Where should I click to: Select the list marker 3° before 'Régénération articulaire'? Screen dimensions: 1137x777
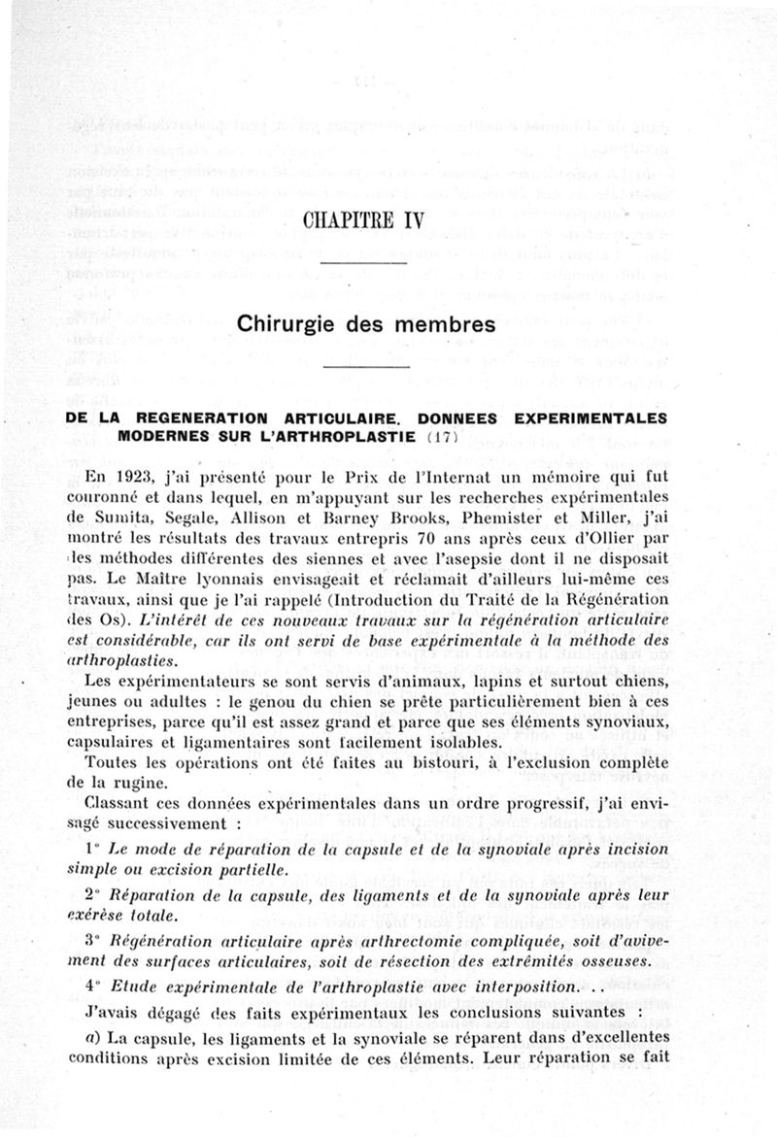pos(93,941)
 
